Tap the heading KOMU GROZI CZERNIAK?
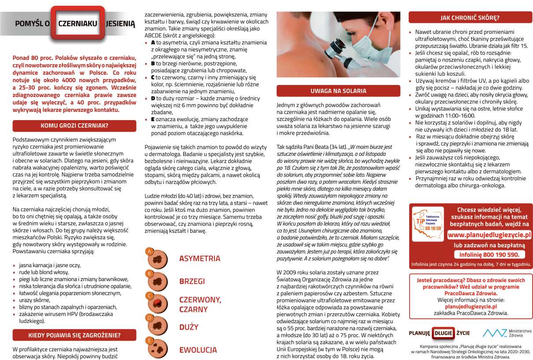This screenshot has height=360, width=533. (74, 125)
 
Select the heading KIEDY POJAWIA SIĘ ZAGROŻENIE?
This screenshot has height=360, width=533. (74, 335)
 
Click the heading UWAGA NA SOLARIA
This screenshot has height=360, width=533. (338, 91)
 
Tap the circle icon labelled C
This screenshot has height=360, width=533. (154, 301)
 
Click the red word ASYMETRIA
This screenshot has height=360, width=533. (200, 258)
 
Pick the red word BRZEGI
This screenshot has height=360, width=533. (192, 281)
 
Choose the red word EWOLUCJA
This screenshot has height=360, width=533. (198, 350)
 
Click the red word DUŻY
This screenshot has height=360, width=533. (189, 327)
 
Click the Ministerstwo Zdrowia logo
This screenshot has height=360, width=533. (507, 333)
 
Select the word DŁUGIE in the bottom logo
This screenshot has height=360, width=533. (442, 333)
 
